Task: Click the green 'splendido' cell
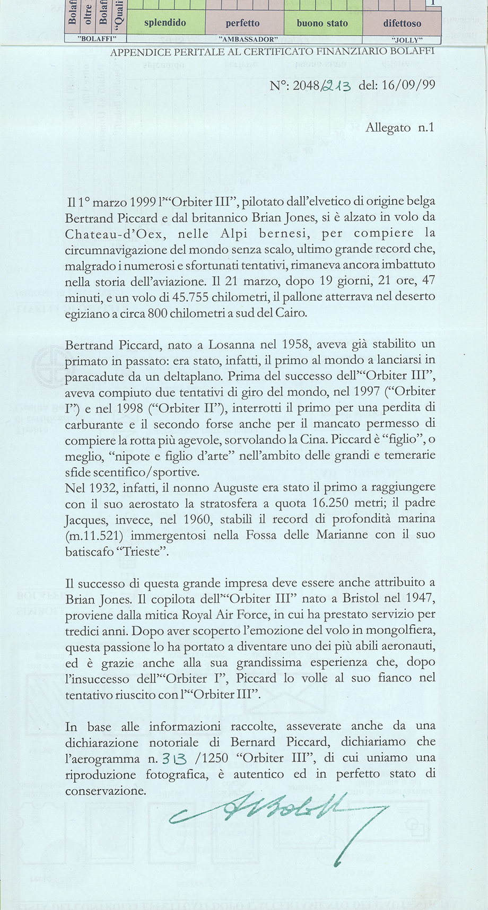click(165, 23)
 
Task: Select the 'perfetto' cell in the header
click(243, 23)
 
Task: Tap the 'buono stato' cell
click(323, 23)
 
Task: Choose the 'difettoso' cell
click(402, 23)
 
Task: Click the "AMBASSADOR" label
click(245, 40)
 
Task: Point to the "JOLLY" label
click(407, 40)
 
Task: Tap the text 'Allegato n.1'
click(400, 128)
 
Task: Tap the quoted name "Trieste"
click(143, 552)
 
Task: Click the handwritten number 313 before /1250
click(175, 759)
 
